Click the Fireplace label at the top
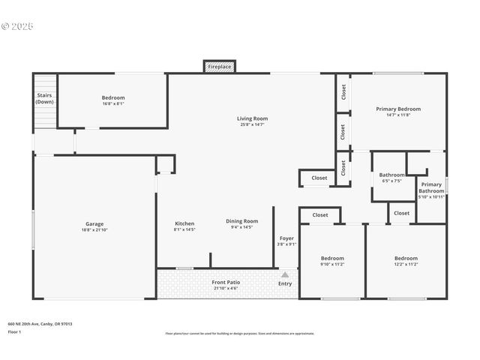tap(220, 67)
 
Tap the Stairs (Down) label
tap(44, 98)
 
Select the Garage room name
tap(94, 223)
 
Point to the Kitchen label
tap(184, 223)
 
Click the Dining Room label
tap(241, 221)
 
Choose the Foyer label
tap(286, 238)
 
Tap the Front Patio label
tap(224, 281)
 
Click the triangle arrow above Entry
tap(285, 274)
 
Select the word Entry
tap(285, 283)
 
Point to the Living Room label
tap(252, 118)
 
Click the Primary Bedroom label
tap(398, 109)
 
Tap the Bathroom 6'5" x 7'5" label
tap(391, 175)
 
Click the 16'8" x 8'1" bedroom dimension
tap(113, 103)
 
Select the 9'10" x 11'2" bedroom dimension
tap(332, 264)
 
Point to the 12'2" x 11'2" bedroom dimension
tap(406, 264)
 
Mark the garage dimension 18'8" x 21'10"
tap(94, 229)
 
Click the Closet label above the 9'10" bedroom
tap(320, 215)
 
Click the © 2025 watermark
tap(18, 26)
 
